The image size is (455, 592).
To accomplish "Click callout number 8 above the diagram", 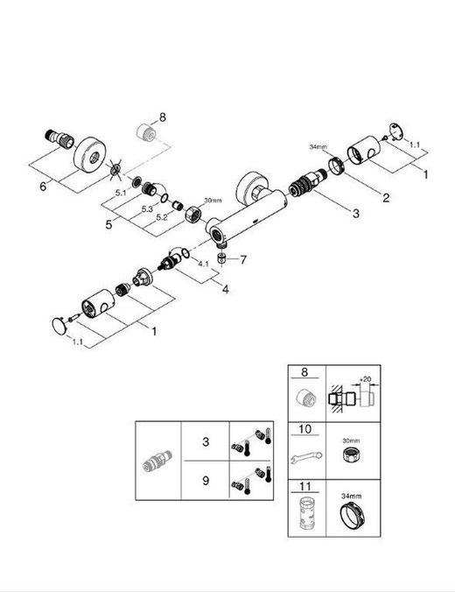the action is click(x=163, y=117).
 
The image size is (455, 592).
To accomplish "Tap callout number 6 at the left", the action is click(x=43, y=186).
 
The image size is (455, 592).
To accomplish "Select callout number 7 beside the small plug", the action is click(x=243, y=259).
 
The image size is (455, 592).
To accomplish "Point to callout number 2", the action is click(x=386, y=197).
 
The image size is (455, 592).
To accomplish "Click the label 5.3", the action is click(x=147, y=208).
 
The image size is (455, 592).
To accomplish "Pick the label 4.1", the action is click(x=203, y=264).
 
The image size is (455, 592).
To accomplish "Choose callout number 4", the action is click(x=225, y=290).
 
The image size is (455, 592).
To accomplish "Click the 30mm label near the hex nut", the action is click(x=213, y=200).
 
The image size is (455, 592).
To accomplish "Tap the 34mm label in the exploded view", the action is click(x=318, y=147).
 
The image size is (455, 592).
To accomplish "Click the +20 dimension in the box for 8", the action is click(x=365, y=378).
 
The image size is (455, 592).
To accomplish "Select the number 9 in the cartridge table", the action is click(x=206, y=480).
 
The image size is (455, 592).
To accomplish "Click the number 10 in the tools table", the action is click(x=305, y=429).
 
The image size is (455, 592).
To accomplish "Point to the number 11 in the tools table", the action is click(x=305, y=486).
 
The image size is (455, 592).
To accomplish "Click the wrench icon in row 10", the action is click(x=306, y=457).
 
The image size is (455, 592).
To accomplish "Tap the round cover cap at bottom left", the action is click(x=59, y=326).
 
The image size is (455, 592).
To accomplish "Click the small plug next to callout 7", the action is click(x=222, y=258).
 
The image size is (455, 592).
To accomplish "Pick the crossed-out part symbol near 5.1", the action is click(x=115, y=170).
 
